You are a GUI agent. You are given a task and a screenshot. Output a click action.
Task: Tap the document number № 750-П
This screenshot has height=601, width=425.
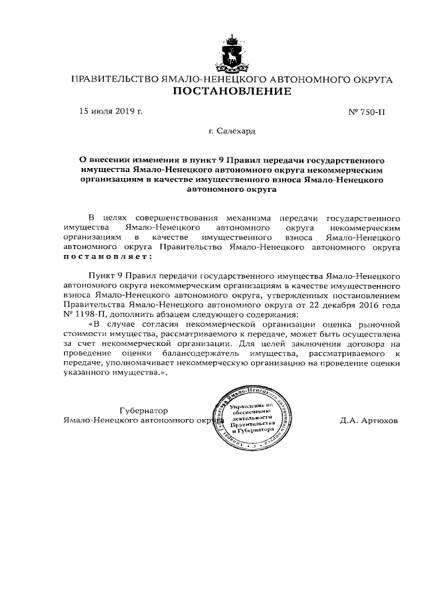[x=366, y=112]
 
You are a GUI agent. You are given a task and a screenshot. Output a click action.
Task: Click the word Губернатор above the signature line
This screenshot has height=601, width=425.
[x=144, y=410]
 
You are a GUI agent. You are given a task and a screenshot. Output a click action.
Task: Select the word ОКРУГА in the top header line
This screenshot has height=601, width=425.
[x=371, y=80]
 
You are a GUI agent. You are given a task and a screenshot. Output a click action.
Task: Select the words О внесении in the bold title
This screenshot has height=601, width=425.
[x=108, y=160]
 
